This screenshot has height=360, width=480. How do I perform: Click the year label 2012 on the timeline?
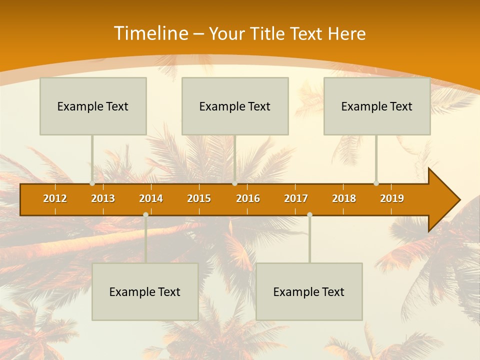click(55, 198)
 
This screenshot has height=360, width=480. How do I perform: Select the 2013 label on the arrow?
click(103, 198)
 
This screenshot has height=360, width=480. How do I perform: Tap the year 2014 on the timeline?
click(151, 198)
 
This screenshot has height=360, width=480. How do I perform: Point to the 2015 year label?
click(199, 198)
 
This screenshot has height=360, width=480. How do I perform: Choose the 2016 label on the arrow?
click(248, 198)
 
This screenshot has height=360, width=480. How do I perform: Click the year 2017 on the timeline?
click(296, 198)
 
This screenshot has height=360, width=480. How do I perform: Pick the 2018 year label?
click(344, 198)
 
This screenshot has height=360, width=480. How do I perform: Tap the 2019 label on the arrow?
click(392, 198)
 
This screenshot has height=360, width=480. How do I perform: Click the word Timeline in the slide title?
click(150, 33)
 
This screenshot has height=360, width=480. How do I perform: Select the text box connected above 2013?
click(93, 106)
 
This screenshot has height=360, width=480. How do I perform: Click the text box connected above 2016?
click(235, 106)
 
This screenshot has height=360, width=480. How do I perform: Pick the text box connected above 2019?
click(377, 106)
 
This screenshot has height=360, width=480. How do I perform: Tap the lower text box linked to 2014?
click(145, 291)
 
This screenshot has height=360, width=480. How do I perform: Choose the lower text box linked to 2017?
click(309, 291)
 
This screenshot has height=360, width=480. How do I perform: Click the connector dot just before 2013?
click(92, 183)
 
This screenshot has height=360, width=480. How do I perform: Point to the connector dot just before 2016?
click(234, 183)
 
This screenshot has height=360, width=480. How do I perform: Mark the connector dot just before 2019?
click(376, 183)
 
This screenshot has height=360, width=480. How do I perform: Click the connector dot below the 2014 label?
click(145, 214)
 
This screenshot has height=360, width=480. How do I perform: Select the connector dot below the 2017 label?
click(309, 214)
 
